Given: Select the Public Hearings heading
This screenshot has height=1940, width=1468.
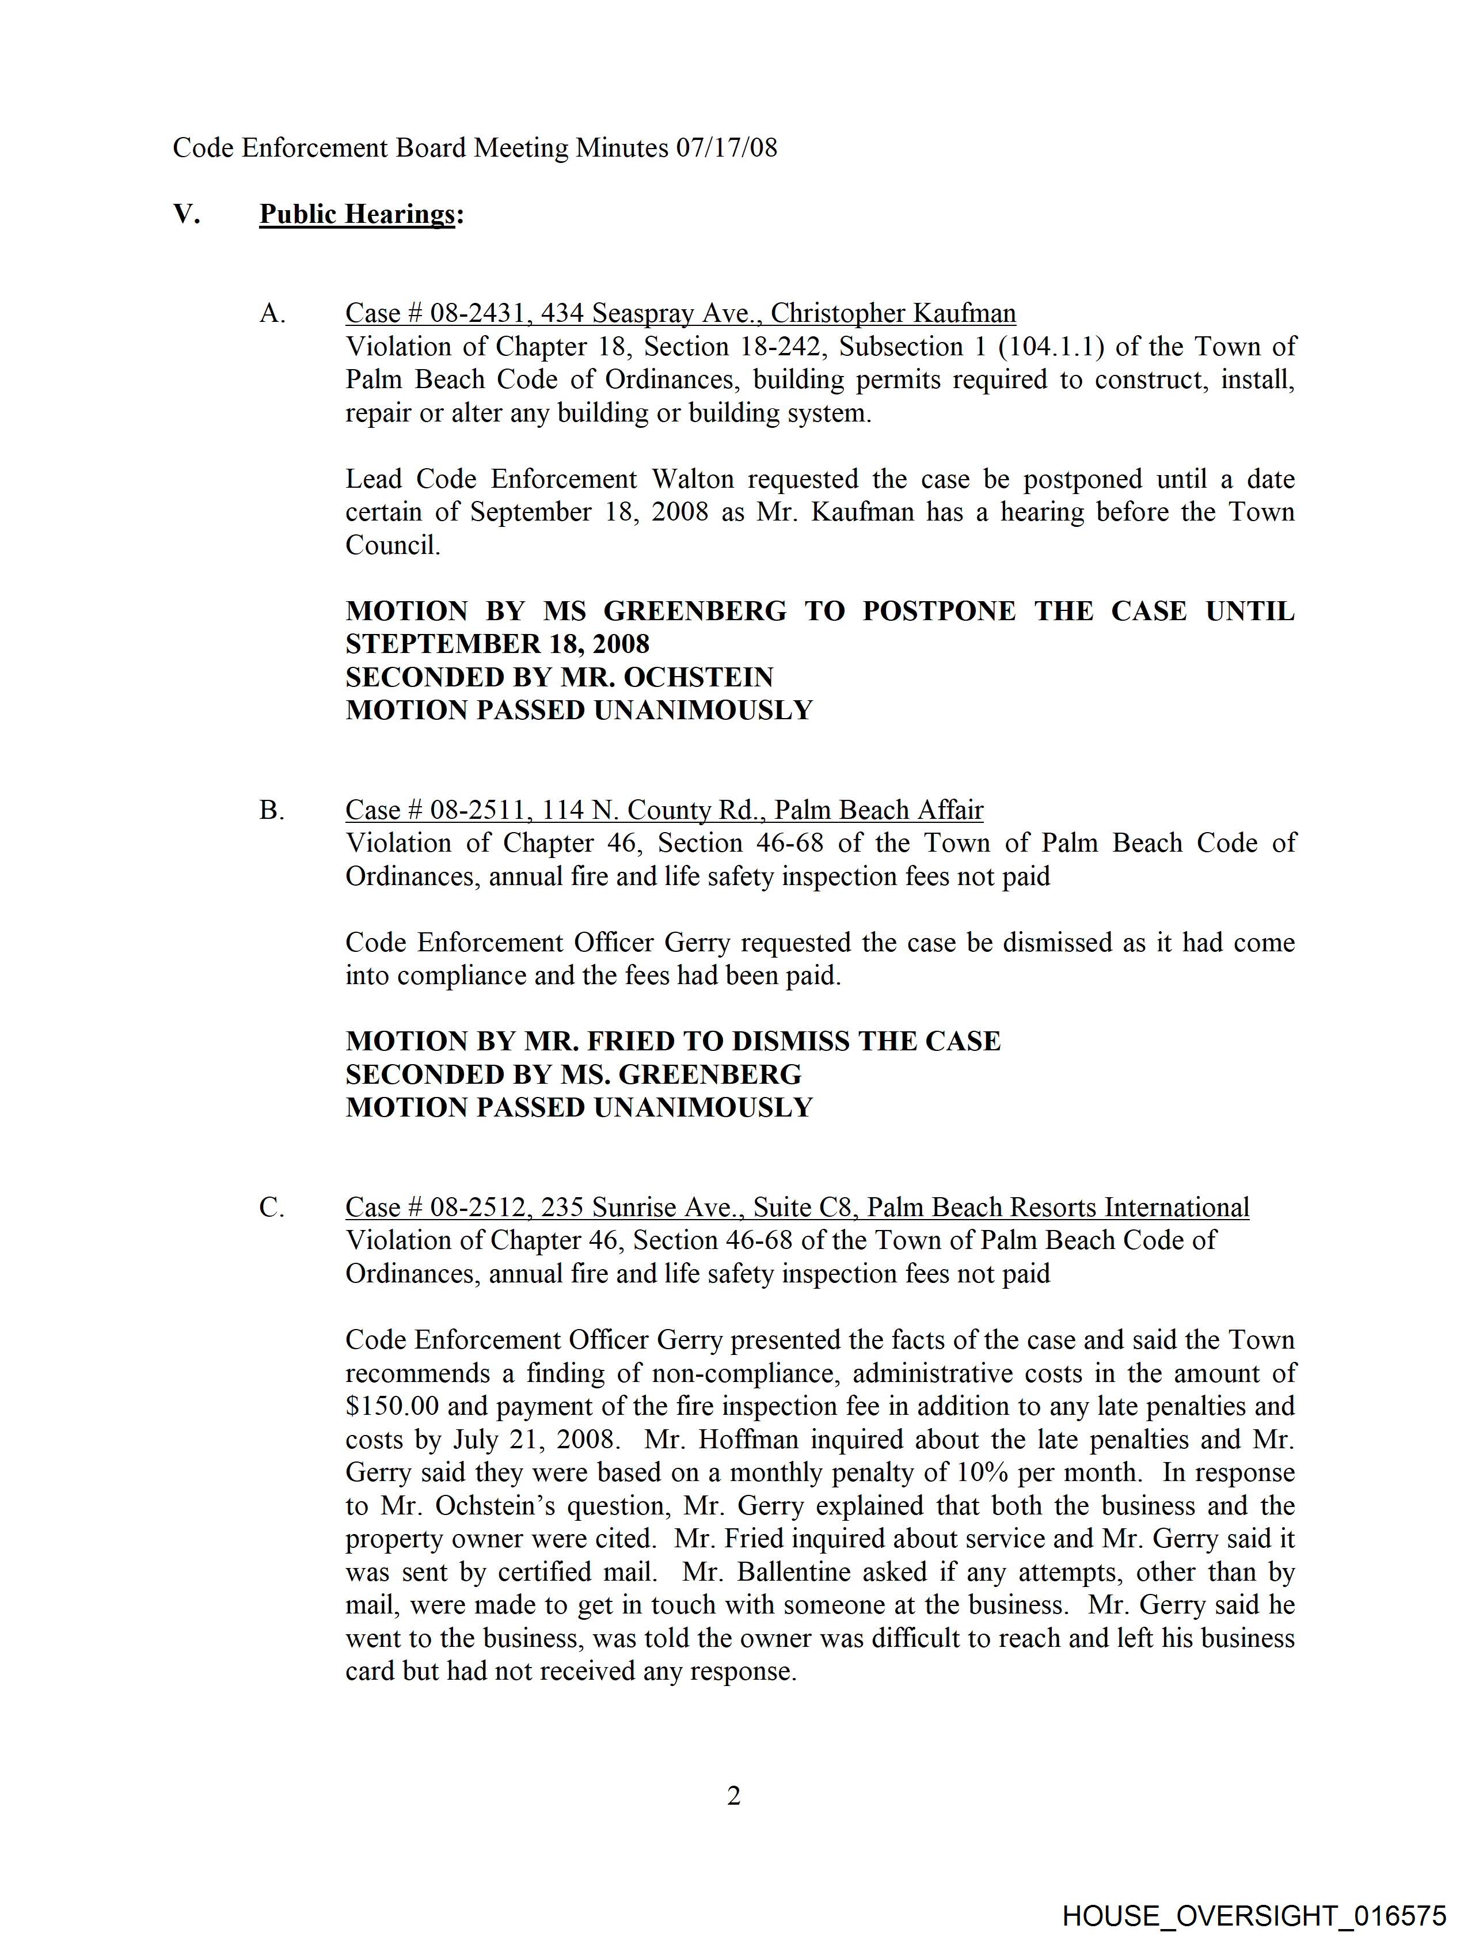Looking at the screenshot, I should pyautogui.click(x=357, y=214).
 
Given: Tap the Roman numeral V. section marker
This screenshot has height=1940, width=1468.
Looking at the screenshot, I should pyautogui.click(x=186, y=214).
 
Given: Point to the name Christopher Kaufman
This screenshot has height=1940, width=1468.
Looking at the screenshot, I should pyautogui.click(x=893, y=313).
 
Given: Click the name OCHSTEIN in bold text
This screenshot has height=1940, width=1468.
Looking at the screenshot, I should pyautogui.click(x=698, y=677).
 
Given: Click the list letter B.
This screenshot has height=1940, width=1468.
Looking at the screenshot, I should pyautogui.click(x=271, y=810).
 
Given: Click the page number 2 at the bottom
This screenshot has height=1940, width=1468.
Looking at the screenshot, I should pyautogui.click(x=734, y=1796).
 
